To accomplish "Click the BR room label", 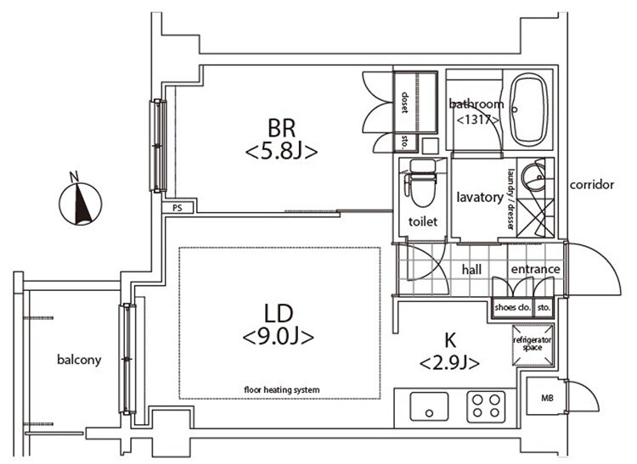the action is [x=281, y=128].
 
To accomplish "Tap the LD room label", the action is [x=279, y=314].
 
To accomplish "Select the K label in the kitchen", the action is [x=450, y=341].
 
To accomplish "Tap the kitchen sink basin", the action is [x=429, y=406].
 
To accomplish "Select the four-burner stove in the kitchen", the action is [x=486, y=406].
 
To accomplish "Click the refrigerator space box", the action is [x=533, y=344].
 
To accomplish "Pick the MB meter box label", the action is [x=547, y=399].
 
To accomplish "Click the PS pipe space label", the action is [x=178, y=209].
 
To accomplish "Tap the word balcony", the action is [x=79, y=360].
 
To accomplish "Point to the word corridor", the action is [x=591, y=185].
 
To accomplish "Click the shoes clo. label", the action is [x=513, y=307].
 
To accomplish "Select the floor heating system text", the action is [x=281, y=390].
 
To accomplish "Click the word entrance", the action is [x=535, y=269].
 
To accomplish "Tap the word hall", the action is [x=471, y=269].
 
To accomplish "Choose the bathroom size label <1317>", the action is [x=477, y=120].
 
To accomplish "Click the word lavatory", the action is [x=480, y=198].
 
